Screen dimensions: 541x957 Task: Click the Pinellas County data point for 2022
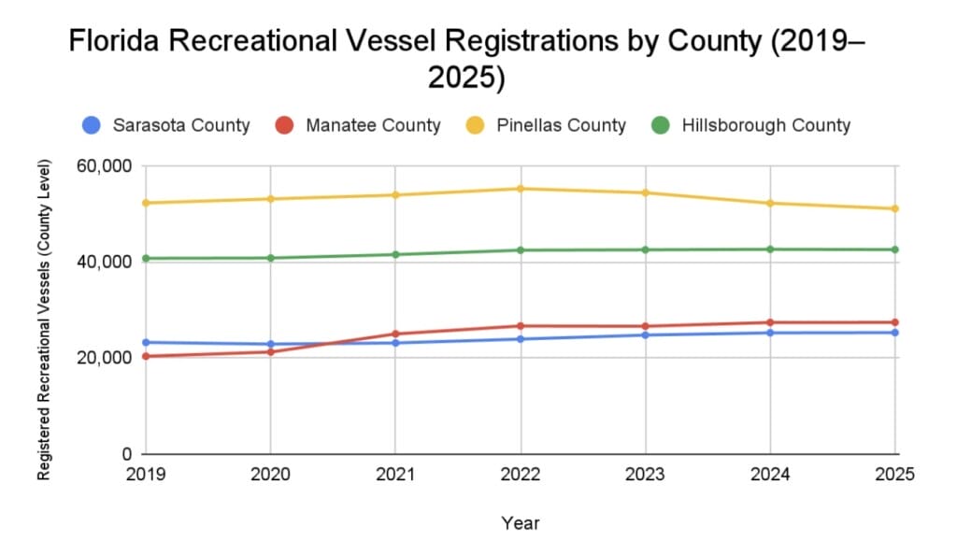coord(521,189)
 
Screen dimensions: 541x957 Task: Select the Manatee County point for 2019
coord(146,356)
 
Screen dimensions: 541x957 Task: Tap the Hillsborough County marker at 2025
coord(895,249)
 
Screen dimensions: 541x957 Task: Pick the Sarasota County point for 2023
coord(646,335)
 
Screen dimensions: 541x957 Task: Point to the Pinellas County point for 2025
coord(895,208)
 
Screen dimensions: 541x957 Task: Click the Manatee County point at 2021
coord(395,334)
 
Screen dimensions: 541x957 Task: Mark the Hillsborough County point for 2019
coord(146,258)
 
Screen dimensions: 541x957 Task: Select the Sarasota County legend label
coord(180,125)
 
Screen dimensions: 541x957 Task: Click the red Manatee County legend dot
coord(285,125)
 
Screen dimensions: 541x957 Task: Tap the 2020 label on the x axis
coord(270,475)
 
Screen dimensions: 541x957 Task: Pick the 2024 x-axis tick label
coord(770,475)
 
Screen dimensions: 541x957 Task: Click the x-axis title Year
coord(520,523)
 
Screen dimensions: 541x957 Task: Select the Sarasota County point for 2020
coord(270,344)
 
